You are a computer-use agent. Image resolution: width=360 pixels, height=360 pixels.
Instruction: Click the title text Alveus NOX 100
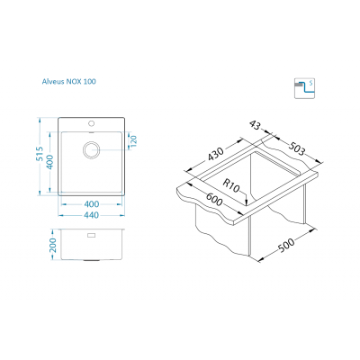click(x=69, y=81)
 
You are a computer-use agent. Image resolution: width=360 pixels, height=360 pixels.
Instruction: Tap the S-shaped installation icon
click(x=304, y=88)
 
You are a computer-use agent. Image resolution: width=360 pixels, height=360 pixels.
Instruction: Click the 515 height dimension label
click(x=40, y=154)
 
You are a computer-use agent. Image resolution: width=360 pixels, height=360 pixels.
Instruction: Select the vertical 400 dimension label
click(x=49, y=162)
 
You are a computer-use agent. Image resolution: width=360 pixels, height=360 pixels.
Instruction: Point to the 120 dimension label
click(x=133, y=140)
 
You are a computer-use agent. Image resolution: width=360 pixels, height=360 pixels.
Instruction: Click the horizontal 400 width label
click(x=92, y=204)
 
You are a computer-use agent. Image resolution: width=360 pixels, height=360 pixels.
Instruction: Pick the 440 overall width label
click(x=92, y=215)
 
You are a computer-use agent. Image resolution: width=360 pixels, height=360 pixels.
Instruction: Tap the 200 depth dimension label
click(x=53, y=245)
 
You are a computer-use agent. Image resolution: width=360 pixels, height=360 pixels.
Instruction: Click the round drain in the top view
click(x=91, y=149)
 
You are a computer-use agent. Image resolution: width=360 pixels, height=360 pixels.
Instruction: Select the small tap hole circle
click(x=91, y=123)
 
